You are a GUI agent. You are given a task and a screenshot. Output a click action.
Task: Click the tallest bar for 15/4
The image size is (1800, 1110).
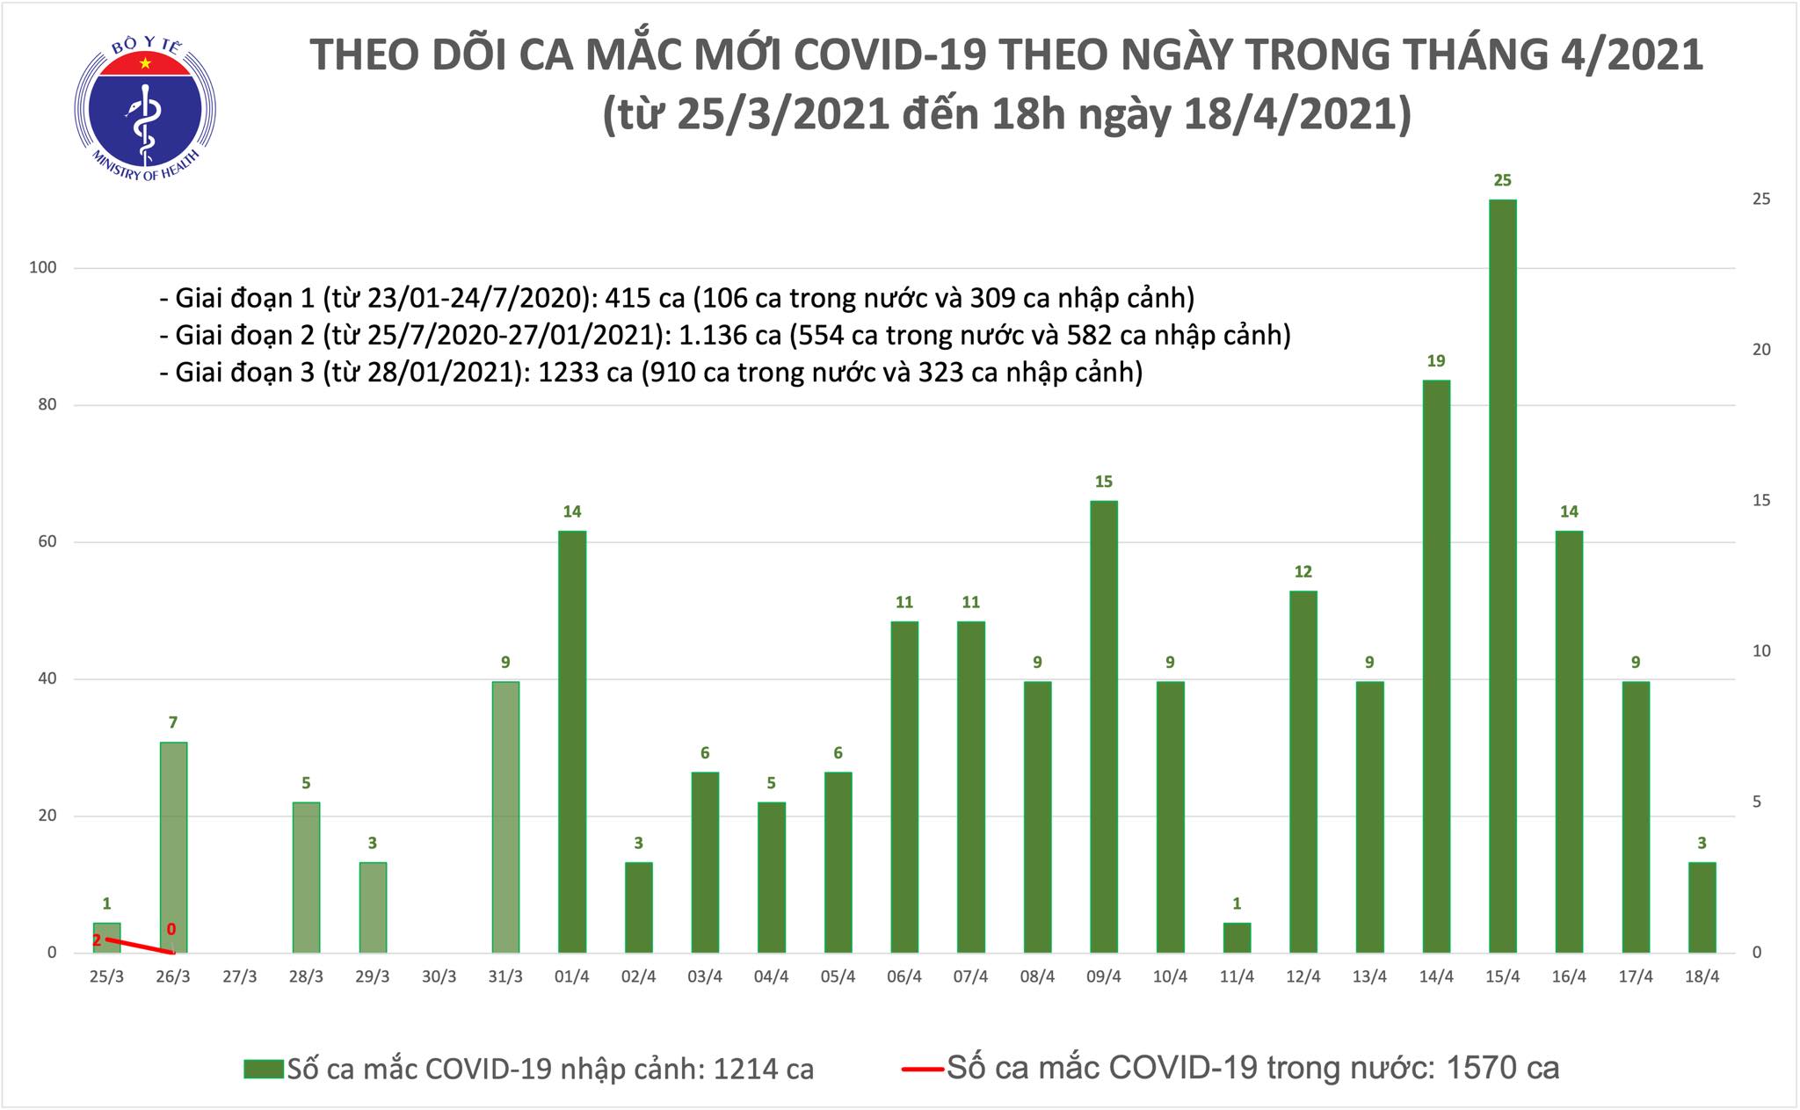point(1502,576)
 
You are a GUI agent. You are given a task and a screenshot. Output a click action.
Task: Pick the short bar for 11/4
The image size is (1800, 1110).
point(1237,937)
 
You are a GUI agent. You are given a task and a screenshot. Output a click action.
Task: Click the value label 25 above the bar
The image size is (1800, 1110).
point(1502,181)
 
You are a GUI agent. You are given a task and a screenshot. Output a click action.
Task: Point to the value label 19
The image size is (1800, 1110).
point(1435,361)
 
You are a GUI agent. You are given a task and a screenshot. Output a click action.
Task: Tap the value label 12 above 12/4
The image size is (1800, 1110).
point(1303,572)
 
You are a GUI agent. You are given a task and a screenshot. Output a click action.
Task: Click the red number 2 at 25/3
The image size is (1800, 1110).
point(97,940)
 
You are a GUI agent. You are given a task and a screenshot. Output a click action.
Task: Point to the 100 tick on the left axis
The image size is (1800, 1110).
point(43,268)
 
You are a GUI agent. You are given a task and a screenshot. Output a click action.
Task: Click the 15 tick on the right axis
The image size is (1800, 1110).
point(1761,500)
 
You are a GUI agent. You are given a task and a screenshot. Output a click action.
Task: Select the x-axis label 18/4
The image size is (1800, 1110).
point(1702,977)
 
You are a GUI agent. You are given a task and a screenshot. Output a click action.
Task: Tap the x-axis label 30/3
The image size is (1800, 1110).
point(439,977)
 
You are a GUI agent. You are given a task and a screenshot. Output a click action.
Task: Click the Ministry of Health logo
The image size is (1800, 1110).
point(145,107)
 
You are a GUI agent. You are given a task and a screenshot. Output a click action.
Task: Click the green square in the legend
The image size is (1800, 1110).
point(265,1069)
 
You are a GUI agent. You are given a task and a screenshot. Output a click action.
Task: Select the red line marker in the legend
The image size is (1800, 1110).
point(922,1069)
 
